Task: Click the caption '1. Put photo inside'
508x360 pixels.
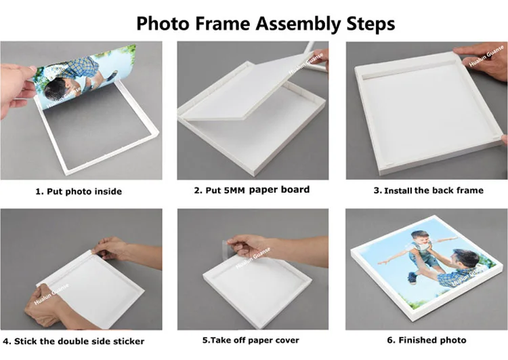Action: (79, 191)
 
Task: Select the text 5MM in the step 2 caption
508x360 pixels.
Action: (234, 191)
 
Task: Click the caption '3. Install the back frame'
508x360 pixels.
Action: (428, 191)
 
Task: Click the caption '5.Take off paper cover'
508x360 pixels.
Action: (251, 340)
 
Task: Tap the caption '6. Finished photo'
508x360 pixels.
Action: (427, 340)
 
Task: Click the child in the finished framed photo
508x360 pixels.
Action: (419, 253)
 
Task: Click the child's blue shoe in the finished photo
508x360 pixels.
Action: (412, 277)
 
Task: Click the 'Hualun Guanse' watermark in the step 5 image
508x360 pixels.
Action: (253, 258)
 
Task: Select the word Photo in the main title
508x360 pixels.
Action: (162, 24)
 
